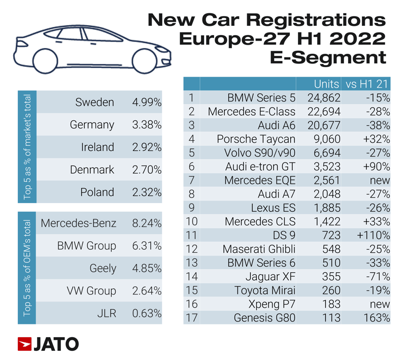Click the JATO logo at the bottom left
pos(48,344)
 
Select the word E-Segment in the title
pos(328,57)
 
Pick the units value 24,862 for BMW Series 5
pos(323,97)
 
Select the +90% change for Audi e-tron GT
pos(376,167)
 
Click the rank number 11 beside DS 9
pos(191,236)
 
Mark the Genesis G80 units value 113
pos(330,318)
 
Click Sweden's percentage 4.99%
pos(146,103)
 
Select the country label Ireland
pos(97,147)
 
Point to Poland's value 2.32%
pos(146,192)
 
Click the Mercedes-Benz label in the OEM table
pos(78,223)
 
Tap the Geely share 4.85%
pos(146,268)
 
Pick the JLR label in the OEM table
pos(106,313)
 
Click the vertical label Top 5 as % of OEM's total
pos(27,268)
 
